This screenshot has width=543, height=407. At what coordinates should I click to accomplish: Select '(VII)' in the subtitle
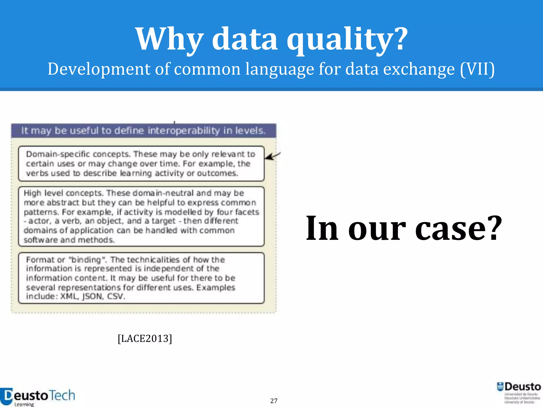(477, 69)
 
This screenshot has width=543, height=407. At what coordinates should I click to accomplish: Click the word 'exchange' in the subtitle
(419, 69)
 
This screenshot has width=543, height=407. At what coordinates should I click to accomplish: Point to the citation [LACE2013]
(145, 339)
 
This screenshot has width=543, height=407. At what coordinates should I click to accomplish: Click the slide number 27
(274, 401)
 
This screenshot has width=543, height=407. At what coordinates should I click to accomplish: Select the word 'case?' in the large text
(459, 228)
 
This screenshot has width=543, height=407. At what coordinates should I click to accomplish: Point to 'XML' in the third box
(69, 296)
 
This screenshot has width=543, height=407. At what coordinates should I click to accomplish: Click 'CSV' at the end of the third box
(115, 296)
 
